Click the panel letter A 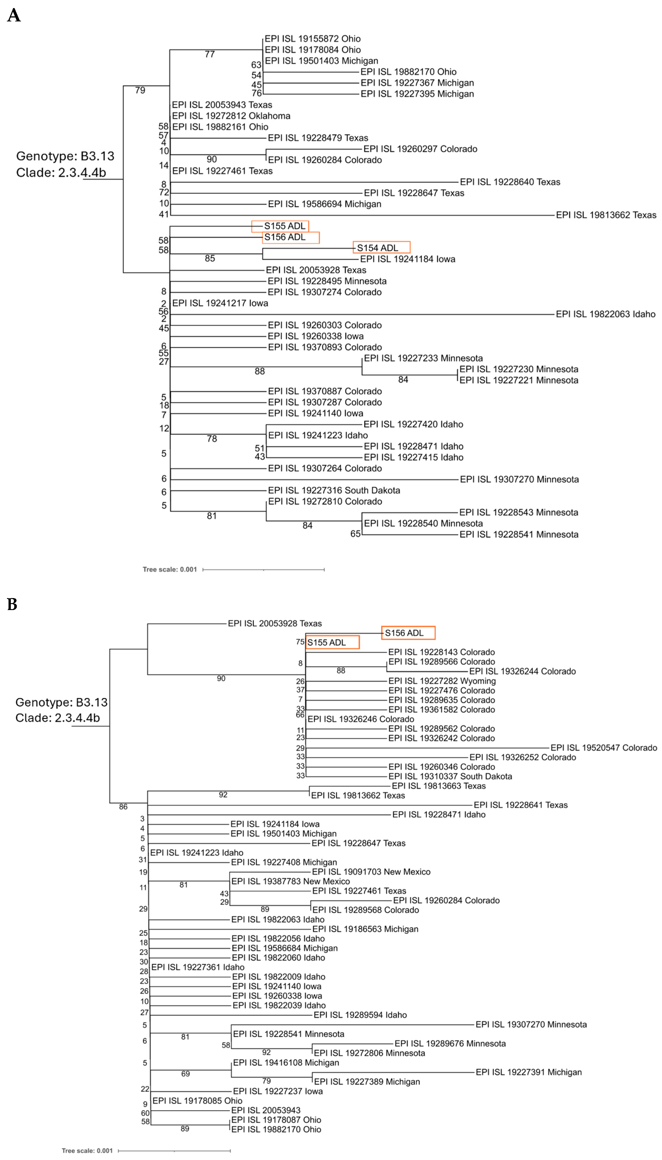(x=14, y=15)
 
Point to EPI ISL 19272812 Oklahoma (x=231, y=116)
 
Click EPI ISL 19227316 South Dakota (x=334, y=491)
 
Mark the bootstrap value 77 (x=210, y=55)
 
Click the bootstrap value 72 (x=164, y=193)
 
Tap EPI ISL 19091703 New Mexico (x=371, y=872)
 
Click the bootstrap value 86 (x=123, y=807)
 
